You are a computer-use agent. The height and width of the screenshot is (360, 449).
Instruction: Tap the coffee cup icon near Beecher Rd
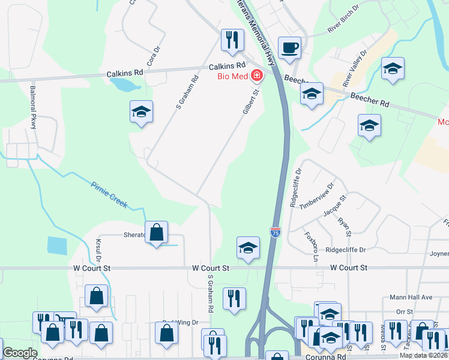pyautogui.click(x=289, y=47)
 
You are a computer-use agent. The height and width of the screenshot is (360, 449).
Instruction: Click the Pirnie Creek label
pyautogui.click(x=109, y=194)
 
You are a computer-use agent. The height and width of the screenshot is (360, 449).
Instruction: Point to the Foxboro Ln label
pyautogui.click(x=310, y=243)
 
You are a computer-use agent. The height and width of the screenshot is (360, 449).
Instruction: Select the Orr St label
pyautogui.click(x=405, y=311)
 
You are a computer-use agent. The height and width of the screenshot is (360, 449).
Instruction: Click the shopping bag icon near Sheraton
pyautogui.click(x=156, y=232)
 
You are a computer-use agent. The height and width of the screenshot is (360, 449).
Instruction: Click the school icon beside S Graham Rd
pyautogui.click(x=142, y=112)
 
